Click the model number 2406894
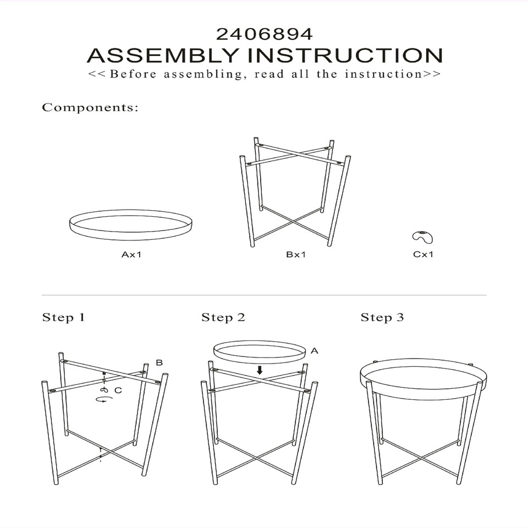[265, 34]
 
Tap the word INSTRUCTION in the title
[345, 55]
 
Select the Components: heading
[90, 107]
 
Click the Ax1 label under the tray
[131, 254]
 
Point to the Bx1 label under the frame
[296, 254]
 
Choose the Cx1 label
[423, 254]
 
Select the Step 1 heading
[63, 317]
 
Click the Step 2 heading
[223, 317]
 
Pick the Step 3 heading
[382, 317]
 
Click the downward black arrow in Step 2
[259, 370]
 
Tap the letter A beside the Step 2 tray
[314, 351]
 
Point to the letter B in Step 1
[159, 362]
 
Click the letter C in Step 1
[118, 391]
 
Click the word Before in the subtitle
[133, 74]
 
